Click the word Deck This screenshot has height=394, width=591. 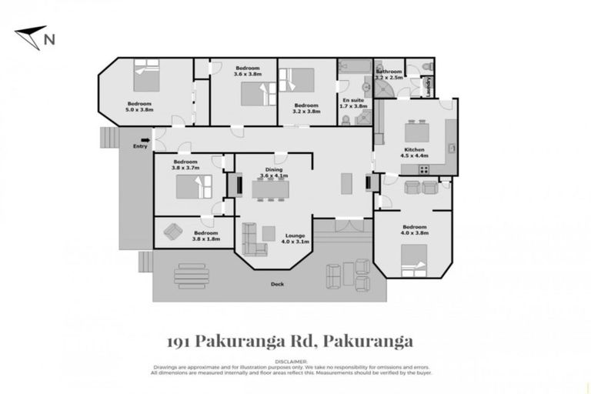click(276, 284)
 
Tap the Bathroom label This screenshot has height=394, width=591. click(389, 74)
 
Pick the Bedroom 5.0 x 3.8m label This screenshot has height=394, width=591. click(139, 107)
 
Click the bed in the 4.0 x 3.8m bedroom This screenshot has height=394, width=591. click(412, 269)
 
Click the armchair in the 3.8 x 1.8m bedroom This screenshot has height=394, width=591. click(174, 231)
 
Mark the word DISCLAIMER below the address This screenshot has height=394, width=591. click(295, 360)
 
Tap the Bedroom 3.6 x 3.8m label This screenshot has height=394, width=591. click(247, 71)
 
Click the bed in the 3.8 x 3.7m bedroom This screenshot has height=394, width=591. click(193, 186)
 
